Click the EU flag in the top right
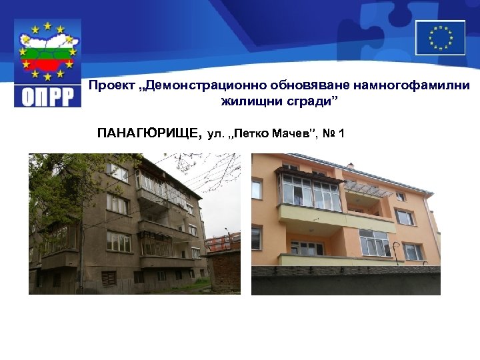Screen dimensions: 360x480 (x=440, y=37)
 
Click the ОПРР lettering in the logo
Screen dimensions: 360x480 (x=47, y=95)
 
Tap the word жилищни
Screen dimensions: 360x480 (x=247, y=103)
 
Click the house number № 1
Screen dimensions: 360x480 (x=333, y=134)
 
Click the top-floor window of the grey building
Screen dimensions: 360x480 (x=119, y=173)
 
